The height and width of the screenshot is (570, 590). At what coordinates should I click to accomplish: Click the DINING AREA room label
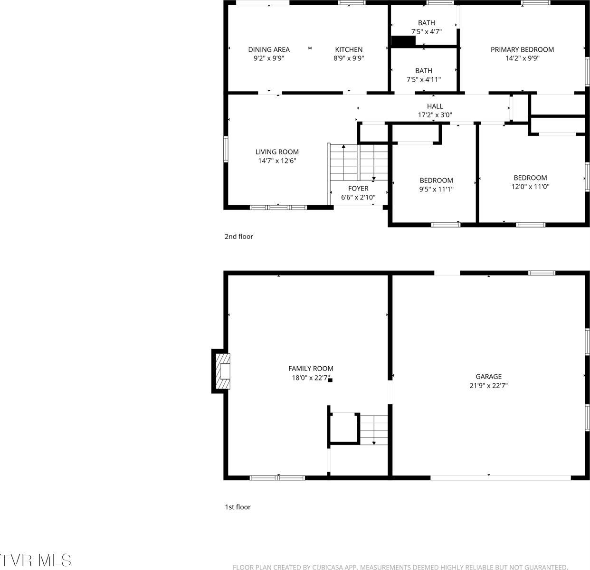pyautogui.click(x=269, y=49)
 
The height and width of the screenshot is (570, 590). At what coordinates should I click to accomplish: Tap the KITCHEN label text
pyautogui.click(x=349, y=49)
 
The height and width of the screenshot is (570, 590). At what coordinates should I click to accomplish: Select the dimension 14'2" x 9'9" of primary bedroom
pyautogui.click(x=522, y=58)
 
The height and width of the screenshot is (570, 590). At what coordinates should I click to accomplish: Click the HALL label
pyautogui.click(x=435, y=106)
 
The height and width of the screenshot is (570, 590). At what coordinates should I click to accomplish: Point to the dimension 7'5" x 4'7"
pyautogui.click(x=426, y=32)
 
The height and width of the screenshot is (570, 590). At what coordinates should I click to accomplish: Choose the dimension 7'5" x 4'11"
pyautogui.click(x=423, y=80)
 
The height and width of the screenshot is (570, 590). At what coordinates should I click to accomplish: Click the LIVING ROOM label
pyautogui.click(x=277, y=152)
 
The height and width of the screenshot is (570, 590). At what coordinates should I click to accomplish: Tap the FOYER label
pyautogui.click(x=358, y=189)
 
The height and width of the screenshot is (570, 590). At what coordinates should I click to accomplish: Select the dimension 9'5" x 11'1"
pyautogui.click(x=436, y=189)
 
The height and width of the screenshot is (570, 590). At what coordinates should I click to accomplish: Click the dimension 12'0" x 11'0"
pyautogui.click(x=530, y=187)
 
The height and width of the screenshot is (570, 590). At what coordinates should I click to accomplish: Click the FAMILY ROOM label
pyautogui.click(x=311, y=369)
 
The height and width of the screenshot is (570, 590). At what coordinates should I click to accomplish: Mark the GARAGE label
pyautogui.click(x=488, y=377)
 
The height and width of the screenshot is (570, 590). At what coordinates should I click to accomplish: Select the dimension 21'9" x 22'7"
pyautogui.click(x=488, y=386)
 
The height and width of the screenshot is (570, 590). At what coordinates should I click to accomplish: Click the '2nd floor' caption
pyautogui.click(x=238, y=237)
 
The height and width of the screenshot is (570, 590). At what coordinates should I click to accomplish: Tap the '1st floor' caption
pyautogui.click(x=238, y=507)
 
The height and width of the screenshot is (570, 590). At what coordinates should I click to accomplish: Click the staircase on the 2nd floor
pyautogui.click(x=359, y=162)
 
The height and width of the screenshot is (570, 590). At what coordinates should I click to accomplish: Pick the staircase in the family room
pyautogui.click(x=374, y=429)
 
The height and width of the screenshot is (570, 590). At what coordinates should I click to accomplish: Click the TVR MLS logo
pyautogui.click(x=36, y=560)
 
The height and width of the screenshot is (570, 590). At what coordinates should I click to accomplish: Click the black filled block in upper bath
pyautogui.click(x=403, y=42)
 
